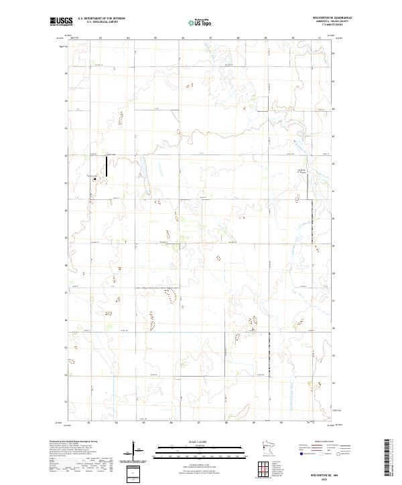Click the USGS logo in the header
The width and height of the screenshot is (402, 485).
tap(60, 22)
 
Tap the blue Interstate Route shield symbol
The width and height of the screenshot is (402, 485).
tap(299, 452)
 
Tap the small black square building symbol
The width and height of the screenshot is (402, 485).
tap(95, 179)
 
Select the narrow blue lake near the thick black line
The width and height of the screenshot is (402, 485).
tap(143, 167)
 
